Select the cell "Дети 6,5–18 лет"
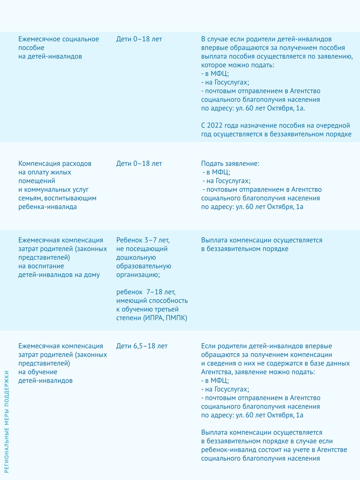[142, 346]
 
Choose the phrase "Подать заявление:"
[230, 164]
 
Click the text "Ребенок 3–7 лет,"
[143, 240]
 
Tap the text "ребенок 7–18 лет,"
[146, 292]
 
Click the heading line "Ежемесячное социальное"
[59, 39]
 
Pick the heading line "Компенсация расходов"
[55, 164]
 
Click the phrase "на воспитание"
[41, 266]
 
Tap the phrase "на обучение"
[38, 372]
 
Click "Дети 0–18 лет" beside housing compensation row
[139, 164]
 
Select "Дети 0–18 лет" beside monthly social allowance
[139, 39]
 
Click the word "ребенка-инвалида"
[48, 207]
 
